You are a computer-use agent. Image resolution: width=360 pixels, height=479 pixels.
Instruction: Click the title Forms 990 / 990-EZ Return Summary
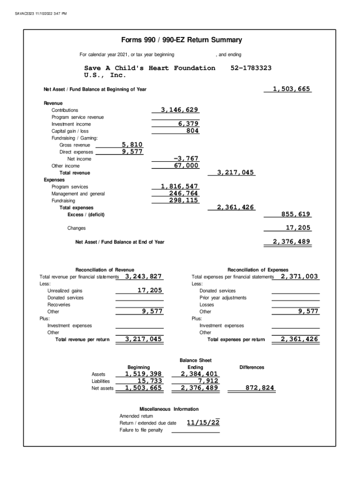pos(181,40)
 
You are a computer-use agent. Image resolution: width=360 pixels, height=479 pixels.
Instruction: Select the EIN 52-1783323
pos(251,68)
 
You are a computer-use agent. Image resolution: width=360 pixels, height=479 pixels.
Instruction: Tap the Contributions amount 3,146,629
pos(180,110)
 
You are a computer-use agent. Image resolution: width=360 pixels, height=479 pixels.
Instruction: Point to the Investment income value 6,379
pos(188,124)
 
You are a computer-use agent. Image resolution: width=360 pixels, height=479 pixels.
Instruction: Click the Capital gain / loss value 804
pos(192,131)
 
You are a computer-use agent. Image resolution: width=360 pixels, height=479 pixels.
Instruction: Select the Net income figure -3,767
pos(186,159)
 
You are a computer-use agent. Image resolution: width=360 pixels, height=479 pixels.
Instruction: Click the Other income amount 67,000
pos(186,166)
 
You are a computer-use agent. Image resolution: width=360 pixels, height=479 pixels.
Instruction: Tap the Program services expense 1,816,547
pos(180,187)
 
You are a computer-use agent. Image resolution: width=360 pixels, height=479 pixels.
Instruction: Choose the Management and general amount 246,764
pos(183,194)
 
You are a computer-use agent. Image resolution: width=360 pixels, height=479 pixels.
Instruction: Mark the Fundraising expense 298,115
pos(183,201)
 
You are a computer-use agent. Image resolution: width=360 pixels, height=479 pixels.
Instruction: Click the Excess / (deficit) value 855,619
pos(296,214)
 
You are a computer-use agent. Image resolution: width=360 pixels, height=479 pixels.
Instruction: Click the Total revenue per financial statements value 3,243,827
pos(144,276)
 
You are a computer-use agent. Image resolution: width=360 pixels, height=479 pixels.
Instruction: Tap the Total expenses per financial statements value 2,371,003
pos(299,276)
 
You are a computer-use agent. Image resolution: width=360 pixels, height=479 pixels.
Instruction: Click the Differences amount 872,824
pos(260,388)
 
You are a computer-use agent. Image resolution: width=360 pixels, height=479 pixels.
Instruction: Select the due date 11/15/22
pos(203,423)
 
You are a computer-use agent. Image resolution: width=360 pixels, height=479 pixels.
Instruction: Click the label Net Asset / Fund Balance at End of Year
pos(120,242)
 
